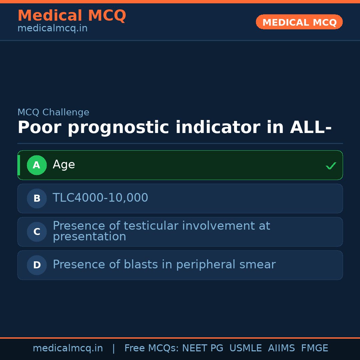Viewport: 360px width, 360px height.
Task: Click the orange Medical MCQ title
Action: tap(72, 16)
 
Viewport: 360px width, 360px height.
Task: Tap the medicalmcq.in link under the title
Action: tap(52, 29)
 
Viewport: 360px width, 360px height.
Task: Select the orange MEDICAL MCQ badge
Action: tap(299, 22)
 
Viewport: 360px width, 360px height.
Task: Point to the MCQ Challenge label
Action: tap(53, 113)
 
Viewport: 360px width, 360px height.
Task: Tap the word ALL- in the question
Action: tap(311, 128)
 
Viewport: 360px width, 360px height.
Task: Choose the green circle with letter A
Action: tap(37, 165)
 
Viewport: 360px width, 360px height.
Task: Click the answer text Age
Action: tap(64, 165)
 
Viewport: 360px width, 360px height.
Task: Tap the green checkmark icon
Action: tap(331, 166)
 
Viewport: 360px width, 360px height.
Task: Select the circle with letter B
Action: tap(37, 198)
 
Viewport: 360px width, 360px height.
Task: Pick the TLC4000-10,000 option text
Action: tap(100, 198)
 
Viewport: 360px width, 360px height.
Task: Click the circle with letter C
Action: tap(37, 232)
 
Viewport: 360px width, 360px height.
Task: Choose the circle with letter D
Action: tap(37, 265)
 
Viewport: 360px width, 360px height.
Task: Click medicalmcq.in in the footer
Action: tap(68, 348)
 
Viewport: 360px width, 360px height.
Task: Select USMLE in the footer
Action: tap(245, 348)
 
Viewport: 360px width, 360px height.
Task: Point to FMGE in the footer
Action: tap(314, 348)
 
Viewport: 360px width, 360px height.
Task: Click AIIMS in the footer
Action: tap(281, 348)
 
